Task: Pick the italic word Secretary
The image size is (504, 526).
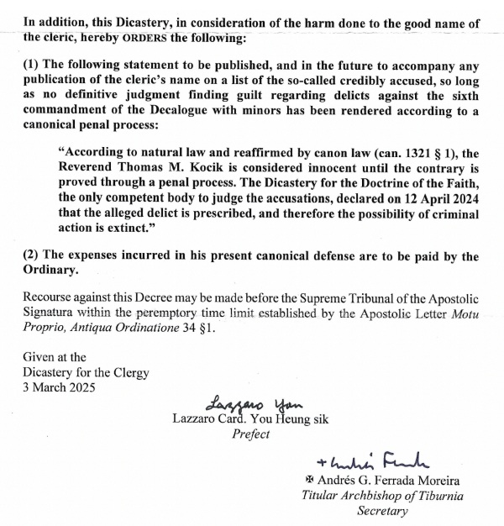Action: tap(384, 510)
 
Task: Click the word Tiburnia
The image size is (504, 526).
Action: tap(435, 495)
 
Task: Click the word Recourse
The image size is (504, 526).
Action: tap(52, 297)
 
